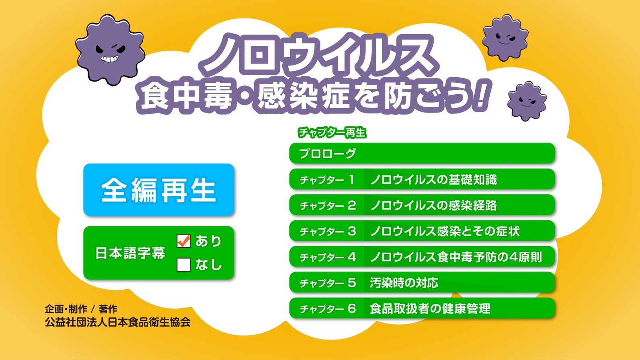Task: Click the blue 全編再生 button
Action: tap(158, 189)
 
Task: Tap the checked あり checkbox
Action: tap(183, 241)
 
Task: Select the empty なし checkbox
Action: tap(183, 265)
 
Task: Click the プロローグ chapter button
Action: tap(422, 153)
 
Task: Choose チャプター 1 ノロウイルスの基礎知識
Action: tap(422, 179)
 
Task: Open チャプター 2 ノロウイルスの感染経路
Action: tap(422, 205)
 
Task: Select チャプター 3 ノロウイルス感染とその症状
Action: tap(422, 231)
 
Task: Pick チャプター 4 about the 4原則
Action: tap(422, 257)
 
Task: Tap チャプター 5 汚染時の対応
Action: tap(422, 282)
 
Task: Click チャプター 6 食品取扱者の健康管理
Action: tap(422, 308)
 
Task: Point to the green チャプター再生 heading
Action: tap(332, 133)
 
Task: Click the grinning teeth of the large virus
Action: tap(109, 59)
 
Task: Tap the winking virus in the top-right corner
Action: tap(505, 37)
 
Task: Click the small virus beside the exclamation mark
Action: tap(527, 101)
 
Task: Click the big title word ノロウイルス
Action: tap(318, 54)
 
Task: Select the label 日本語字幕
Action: tap(130, 253)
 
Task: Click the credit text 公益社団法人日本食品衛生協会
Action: tap(118, 322)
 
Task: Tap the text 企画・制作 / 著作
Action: tap(81, 309)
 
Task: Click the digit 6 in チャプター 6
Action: tap(352, 308)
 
